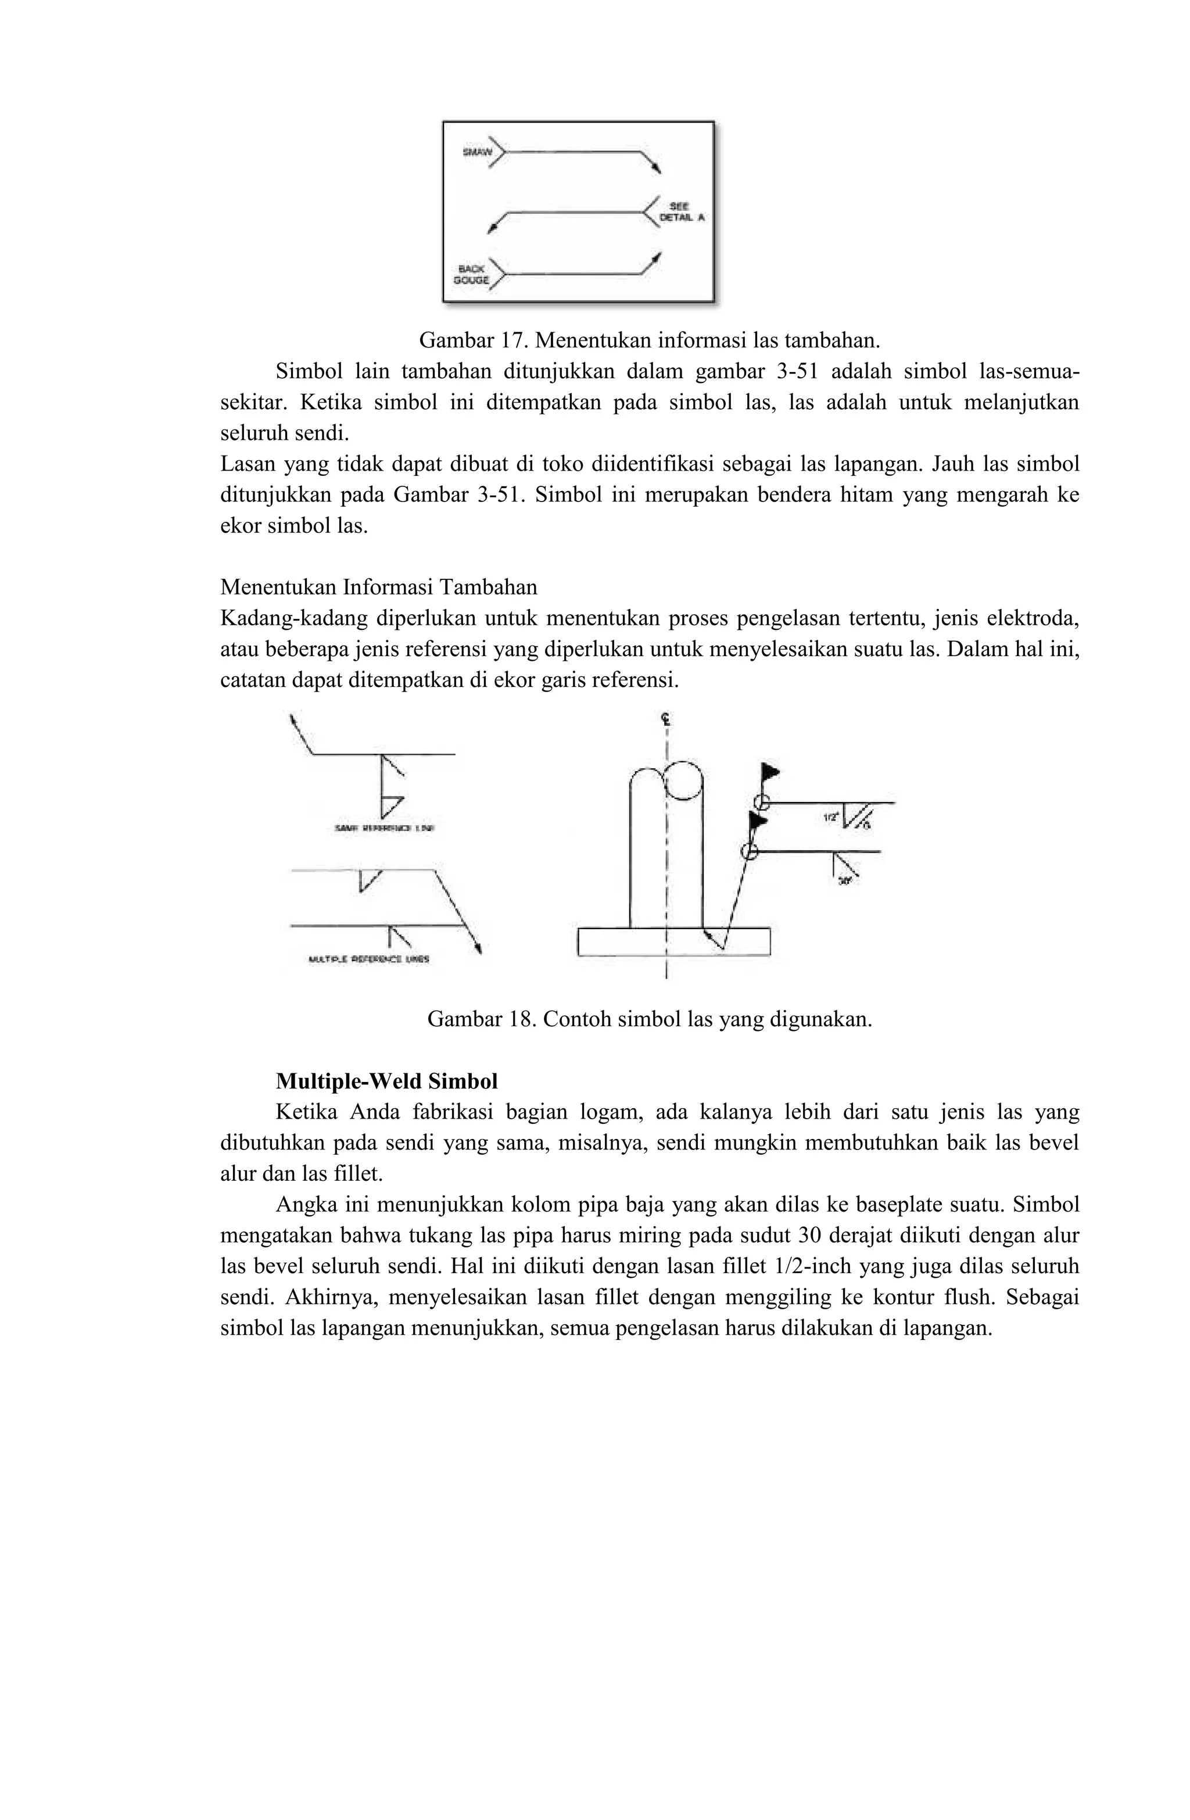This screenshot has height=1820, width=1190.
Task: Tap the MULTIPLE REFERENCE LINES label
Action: [x=368, y=959]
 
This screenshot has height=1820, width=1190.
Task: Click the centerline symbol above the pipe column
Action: [x=667, y=719]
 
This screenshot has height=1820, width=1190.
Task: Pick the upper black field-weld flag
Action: [x=770, y=770]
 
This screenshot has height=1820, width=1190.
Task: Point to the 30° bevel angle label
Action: [x=844, y=881]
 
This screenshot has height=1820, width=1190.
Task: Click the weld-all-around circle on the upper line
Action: [x=760, y=802]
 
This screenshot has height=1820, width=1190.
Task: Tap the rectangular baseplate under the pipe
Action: [x=673, y=941]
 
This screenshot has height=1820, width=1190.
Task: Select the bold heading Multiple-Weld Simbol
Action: [x=386, y=1081]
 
